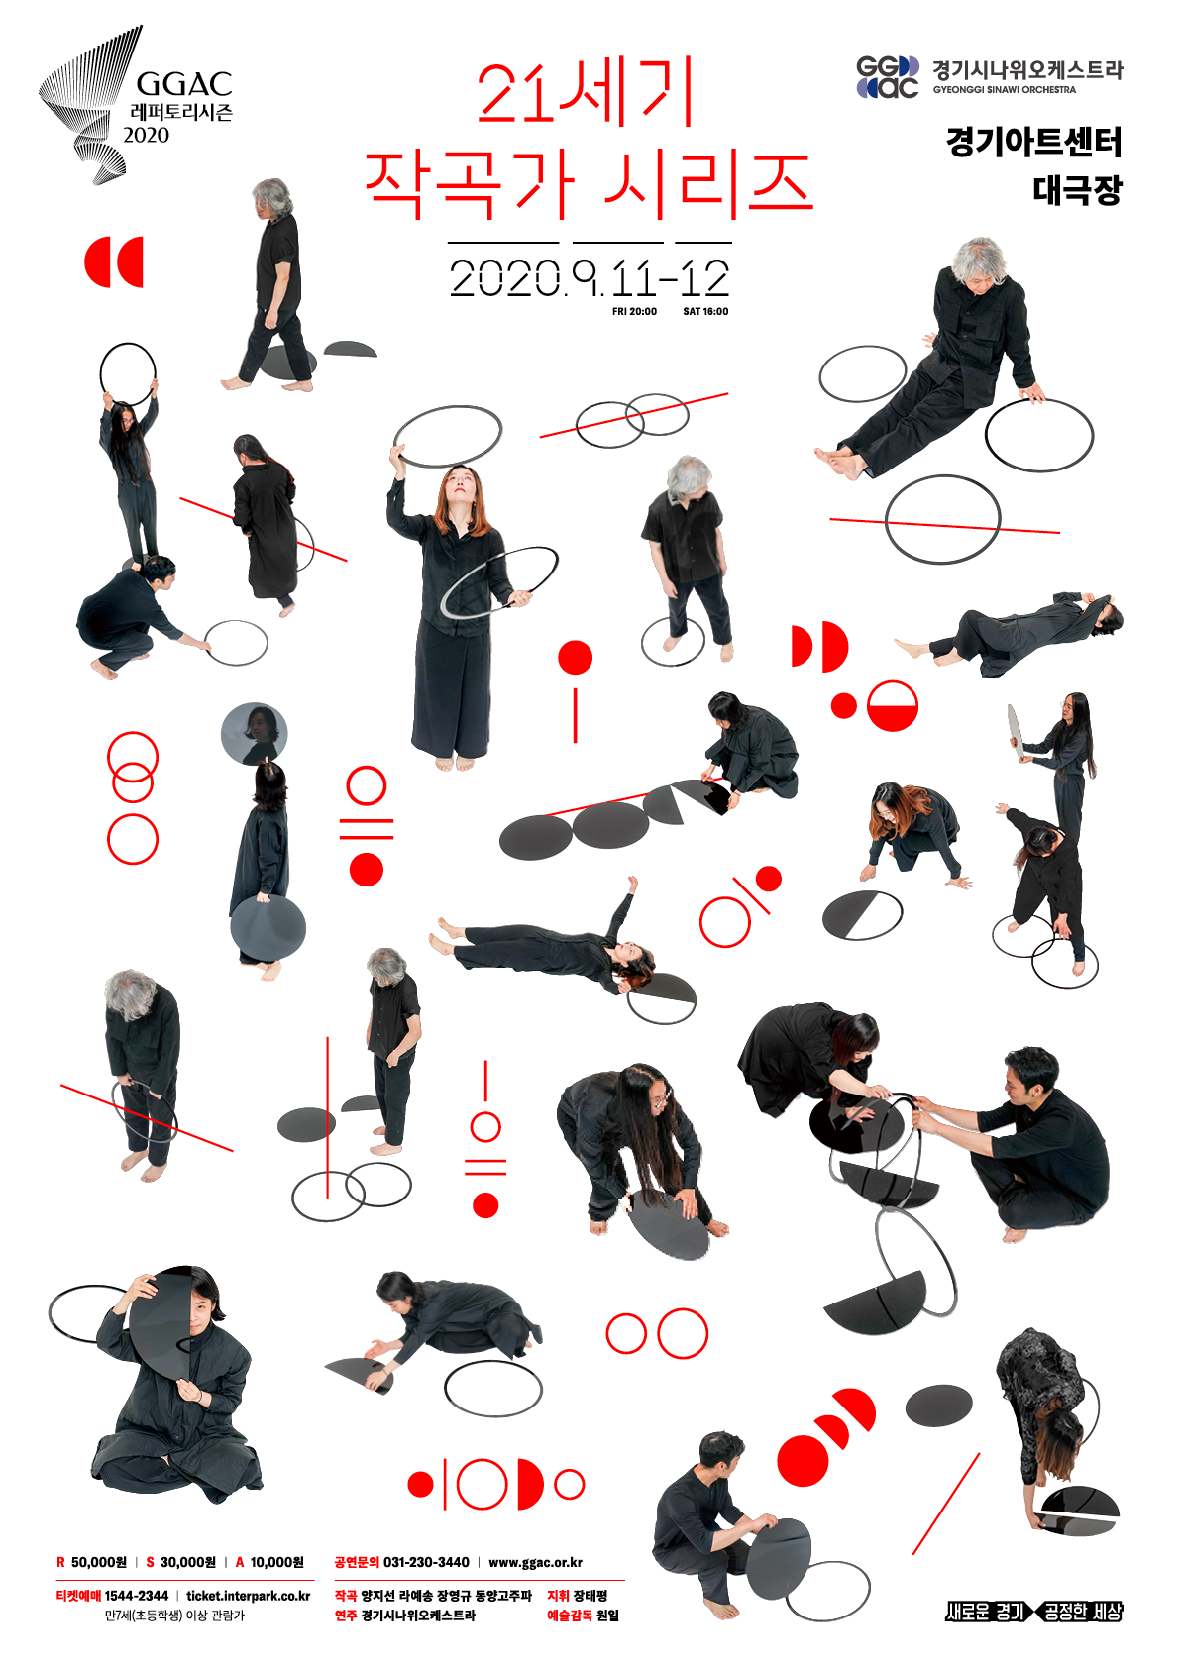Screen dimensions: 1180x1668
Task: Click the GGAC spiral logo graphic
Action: [x=89, y=104]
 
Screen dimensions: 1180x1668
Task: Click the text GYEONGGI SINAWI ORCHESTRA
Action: [x=1005, y=90]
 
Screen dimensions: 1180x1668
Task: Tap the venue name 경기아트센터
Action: [x=1034, y=142]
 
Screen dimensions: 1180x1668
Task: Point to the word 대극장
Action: [x=1077, y=190]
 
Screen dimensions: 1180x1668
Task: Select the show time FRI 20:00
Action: [x=634, y=311]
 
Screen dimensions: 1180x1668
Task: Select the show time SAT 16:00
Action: [x=705, y=311]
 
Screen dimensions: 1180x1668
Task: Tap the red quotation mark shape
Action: [x=113, y=262]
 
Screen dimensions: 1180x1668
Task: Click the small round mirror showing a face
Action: [x=254, y=734]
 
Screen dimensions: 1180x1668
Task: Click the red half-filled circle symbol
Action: [x=892, y=706]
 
